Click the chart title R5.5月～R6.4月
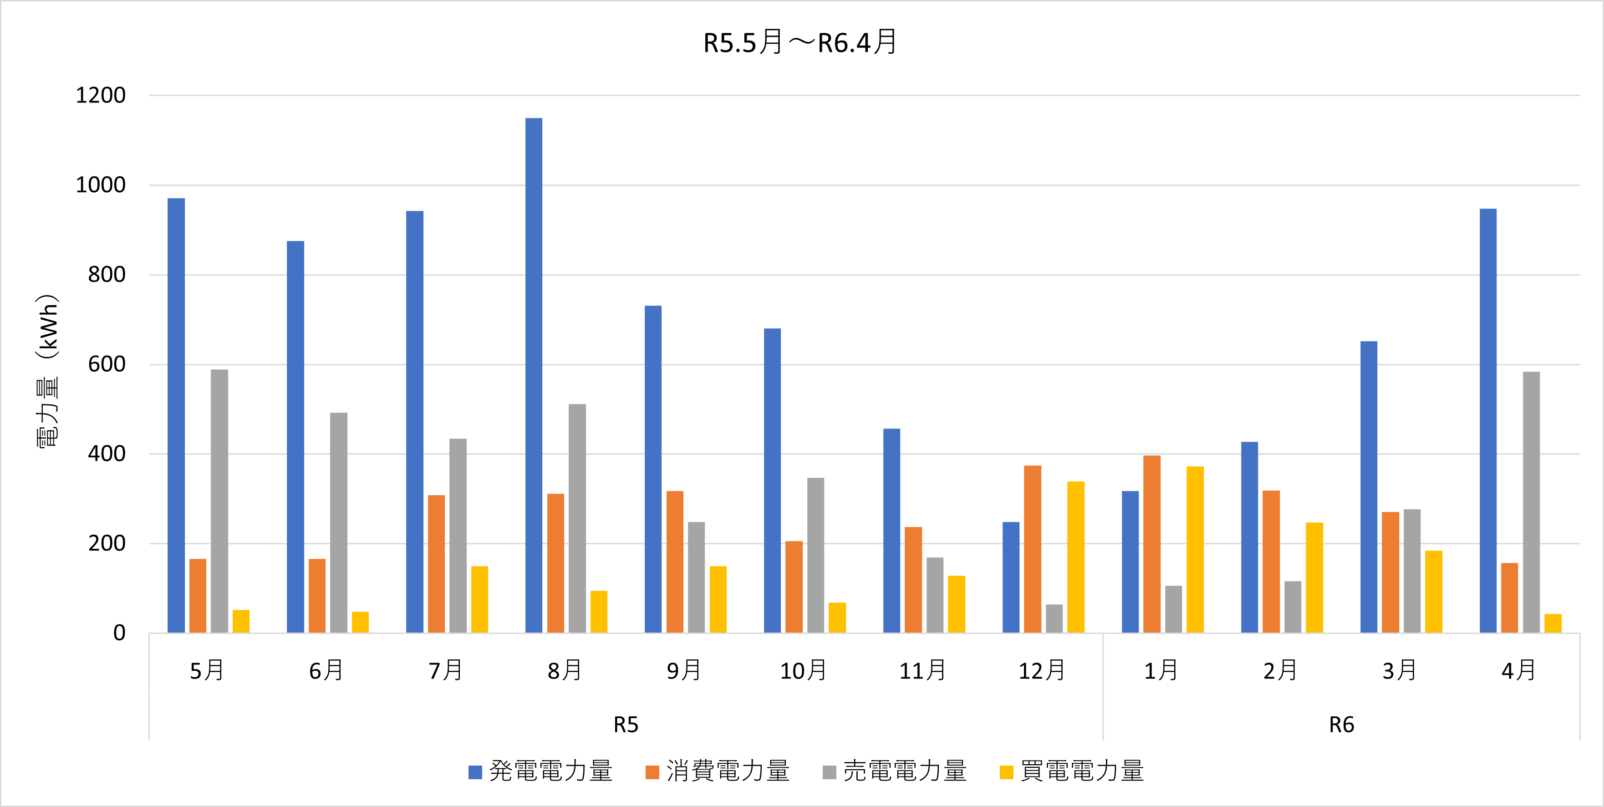(800, 42)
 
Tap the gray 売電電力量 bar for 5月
(219, 501)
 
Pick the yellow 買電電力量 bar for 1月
(1195, 550)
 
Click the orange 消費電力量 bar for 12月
(1033, 549)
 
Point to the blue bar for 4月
(1487, 421)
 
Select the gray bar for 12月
(1054, 619)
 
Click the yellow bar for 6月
(360, 623)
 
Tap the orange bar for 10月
(794, 587)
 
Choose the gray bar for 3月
(1411, 571)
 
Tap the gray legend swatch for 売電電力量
(829, 772)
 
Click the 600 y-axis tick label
(107, 364)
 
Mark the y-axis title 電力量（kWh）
(47, 371)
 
